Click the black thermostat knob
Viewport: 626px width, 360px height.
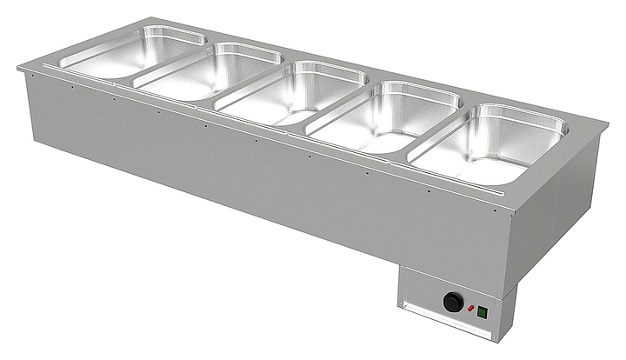coord(452,302)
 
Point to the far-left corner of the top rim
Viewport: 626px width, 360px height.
coord(19,66)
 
